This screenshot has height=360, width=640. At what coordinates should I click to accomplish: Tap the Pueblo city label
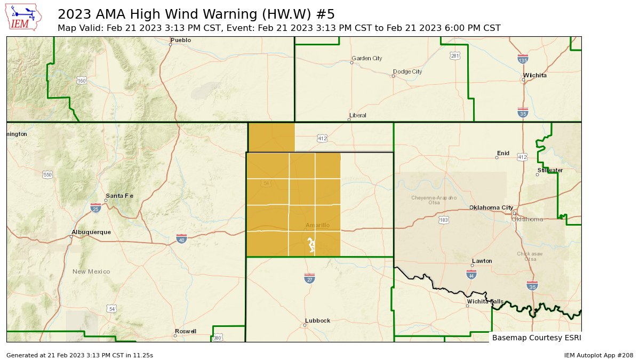coord(181,41)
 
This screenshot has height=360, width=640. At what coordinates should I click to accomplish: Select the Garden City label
coord(365,58)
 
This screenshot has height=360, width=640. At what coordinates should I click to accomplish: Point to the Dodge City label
coord(407,71)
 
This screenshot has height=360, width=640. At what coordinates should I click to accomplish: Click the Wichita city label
coord(535,76)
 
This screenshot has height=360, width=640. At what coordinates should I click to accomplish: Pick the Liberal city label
coord(358,116)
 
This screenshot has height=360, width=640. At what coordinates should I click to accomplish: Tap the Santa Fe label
coord(119,196)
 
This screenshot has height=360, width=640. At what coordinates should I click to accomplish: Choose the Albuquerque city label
coord(91,233)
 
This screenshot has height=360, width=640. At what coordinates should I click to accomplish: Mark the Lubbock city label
coord(317,321)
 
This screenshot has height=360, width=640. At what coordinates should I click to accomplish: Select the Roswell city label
coord(186,331)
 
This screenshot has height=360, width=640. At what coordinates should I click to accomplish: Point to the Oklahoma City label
coord(491,208)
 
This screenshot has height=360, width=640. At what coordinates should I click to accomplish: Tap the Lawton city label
coord(482,261)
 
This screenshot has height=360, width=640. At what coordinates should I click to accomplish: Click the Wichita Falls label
coord(485,302)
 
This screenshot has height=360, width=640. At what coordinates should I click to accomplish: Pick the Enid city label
coord(503,154)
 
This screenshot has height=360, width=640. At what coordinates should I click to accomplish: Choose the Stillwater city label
coord(550,170)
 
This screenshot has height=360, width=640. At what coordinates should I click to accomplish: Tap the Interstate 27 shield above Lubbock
coord(309,278)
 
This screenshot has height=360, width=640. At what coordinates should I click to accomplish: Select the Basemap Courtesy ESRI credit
coord(536,338)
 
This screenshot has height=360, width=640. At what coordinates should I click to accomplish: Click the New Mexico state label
coord(91,272)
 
